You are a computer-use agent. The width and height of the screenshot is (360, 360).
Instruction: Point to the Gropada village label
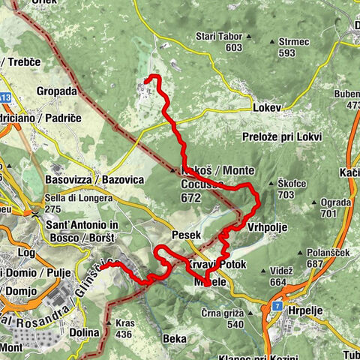click(56, 91)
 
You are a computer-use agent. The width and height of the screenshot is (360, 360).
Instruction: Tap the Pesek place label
click(184, 235)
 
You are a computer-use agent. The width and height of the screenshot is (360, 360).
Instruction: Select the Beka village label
click(175, 339)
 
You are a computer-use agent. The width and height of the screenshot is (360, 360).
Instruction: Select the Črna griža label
click(223, 313)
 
